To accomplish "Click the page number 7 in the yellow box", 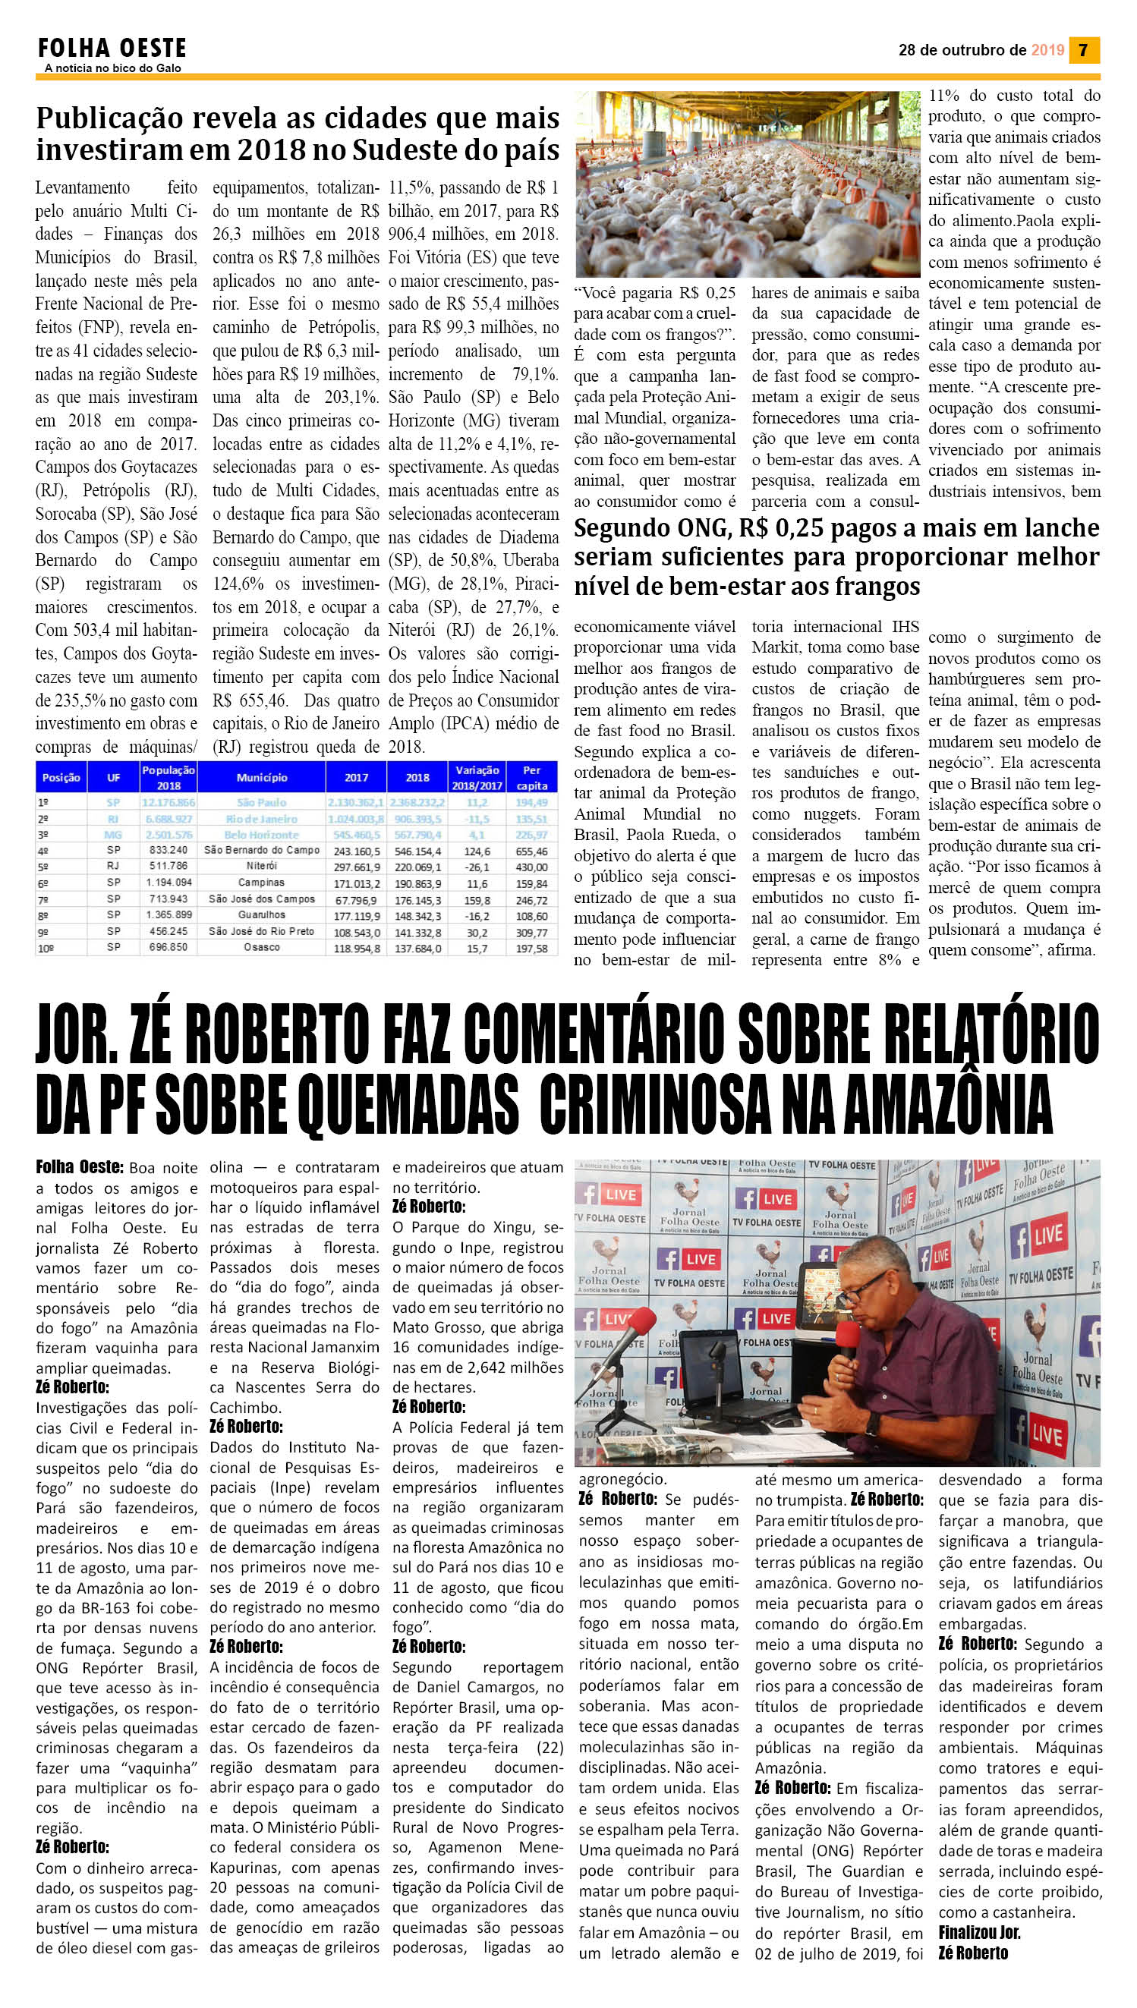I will (x=1083, y=50).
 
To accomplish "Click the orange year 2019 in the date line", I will (x=1047, y=50).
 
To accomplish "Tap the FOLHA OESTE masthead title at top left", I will (x=112, y=49).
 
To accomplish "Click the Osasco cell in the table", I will (x=261, y=948).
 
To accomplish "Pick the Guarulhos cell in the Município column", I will (x=261, y=915).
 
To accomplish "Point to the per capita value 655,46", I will (x=532, y=851).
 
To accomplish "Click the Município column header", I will (x=262, y=778).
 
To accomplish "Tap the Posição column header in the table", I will (x=61, y=778).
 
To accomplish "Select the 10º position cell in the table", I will (x=47, y=948).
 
